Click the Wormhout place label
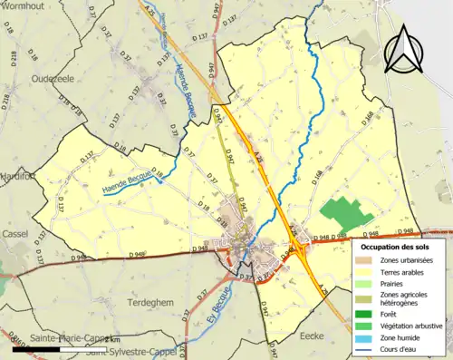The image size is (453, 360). pyautogui.click(x=25, y=6)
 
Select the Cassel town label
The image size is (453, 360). pyautogui.click(x=15, y=231)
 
